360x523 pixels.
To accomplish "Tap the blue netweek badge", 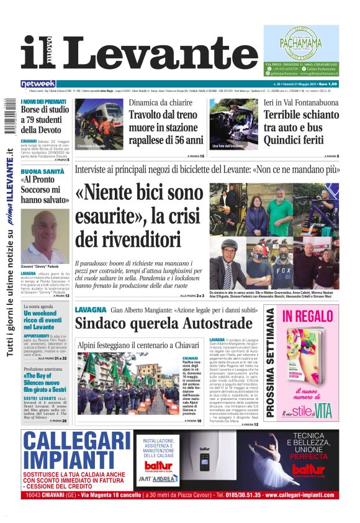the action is point(38,84).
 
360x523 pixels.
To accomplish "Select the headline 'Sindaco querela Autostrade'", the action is point(163,323).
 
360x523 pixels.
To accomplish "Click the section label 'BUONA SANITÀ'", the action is point(42,171).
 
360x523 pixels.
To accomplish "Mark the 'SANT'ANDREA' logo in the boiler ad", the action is point(158,478).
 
